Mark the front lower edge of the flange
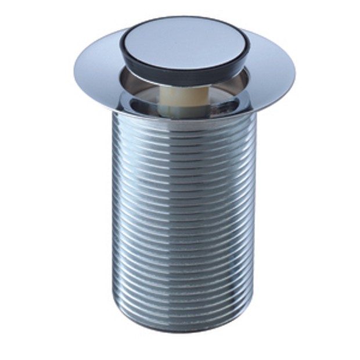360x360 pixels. pos(185,117)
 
